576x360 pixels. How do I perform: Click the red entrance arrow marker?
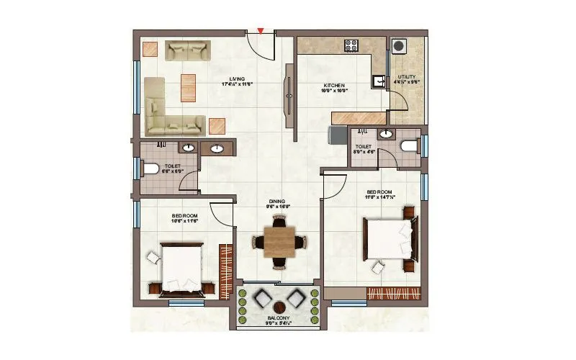point(261,31)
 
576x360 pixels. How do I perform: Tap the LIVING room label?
point(237,80)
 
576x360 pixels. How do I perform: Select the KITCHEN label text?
point(335,87)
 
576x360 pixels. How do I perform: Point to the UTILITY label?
point(407,78)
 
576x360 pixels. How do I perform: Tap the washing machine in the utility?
point(400,45)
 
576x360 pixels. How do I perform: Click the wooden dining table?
point(278,242)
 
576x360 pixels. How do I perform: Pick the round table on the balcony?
point(278,306)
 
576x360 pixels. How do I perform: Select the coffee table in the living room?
point(187,88)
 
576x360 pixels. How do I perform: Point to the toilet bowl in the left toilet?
point(150,169)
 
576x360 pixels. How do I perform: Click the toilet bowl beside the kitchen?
point(409,147)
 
